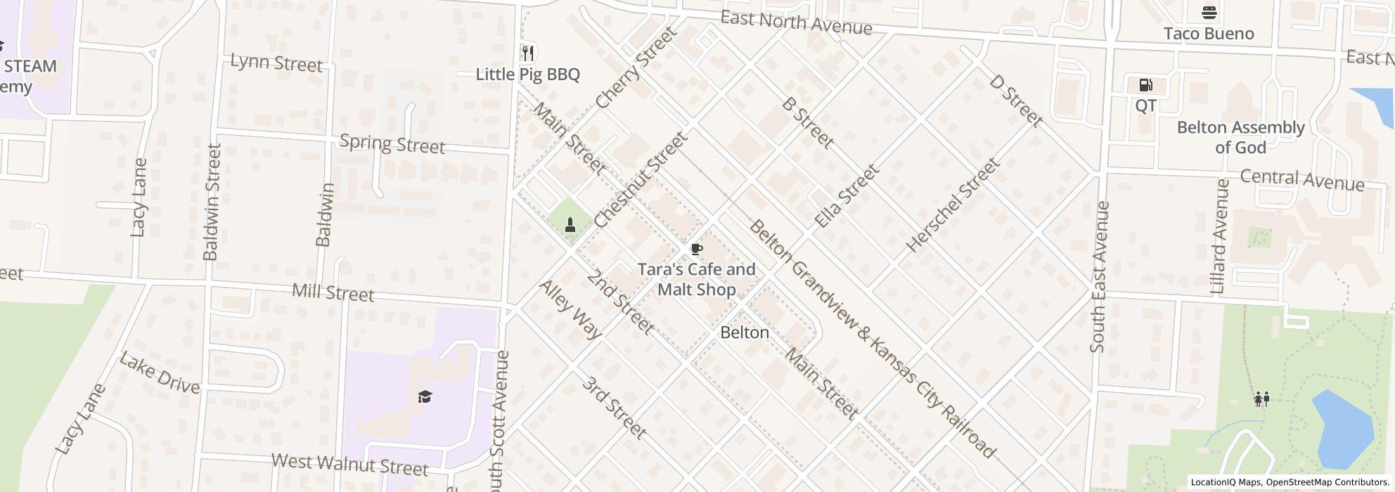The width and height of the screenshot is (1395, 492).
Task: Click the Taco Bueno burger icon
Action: click(x=1209, y=13)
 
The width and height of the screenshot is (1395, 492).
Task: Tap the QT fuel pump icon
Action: click(x=1145, y=86)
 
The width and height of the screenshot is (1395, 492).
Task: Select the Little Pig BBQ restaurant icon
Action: click(x=528, y=53)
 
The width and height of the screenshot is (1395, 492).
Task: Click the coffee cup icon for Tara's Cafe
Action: click(x=696, y=250)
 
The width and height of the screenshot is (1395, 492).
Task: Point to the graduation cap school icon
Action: click(x=425, y=397)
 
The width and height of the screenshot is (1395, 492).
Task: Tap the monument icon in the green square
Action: click(x=570, y=224)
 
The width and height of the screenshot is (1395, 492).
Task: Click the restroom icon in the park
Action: click(x=1261, y=399)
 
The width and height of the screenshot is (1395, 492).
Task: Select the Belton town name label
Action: click(x=745, y=332)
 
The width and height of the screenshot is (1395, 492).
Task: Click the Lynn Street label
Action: click(x=276, y=63)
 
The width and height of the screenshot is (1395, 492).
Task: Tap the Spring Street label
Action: click(x=392, y=144)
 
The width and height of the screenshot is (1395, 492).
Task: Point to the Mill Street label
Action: click(x=333, y=292)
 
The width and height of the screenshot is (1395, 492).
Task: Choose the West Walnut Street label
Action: click(x=349, y=464)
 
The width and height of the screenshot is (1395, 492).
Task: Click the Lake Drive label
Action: click(x=160, y=373)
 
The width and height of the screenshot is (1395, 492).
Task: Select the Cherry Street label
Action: click(x=636, y=67)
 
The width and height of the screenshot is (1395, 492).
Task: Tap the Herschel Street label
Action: click(x=953, y=205)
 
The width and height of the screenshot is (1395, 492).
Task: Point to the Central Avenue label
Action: click(x=1301, y=180)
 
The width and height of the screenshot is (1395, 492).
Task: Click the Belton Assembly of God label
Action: click(x=1240, y=137)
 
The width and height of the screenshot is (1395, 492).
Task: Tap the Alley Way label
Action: click(x=570, y=309)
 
